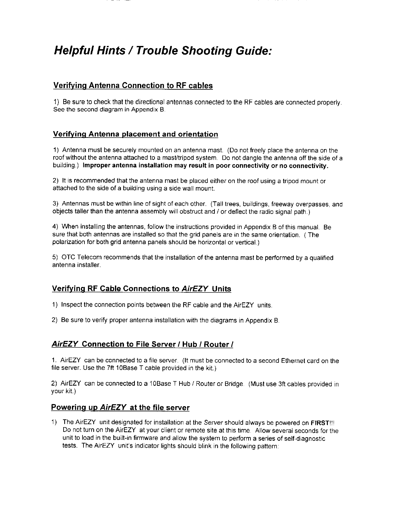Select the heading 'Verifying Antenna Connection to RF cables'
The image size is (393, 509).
click(133, 86)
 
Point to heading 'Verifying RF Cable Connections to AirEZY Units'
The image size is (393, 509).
click(141, 289)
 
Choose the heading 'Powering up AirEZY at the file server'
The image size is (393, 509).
click(120, 408)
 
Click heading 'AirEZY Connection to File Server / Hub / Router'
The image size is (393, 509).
click(142, 344)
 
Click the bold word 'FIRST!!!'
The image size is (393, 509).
click(325, 422)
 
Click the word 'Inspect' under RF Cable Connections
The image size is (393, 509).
click(72, 305)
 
